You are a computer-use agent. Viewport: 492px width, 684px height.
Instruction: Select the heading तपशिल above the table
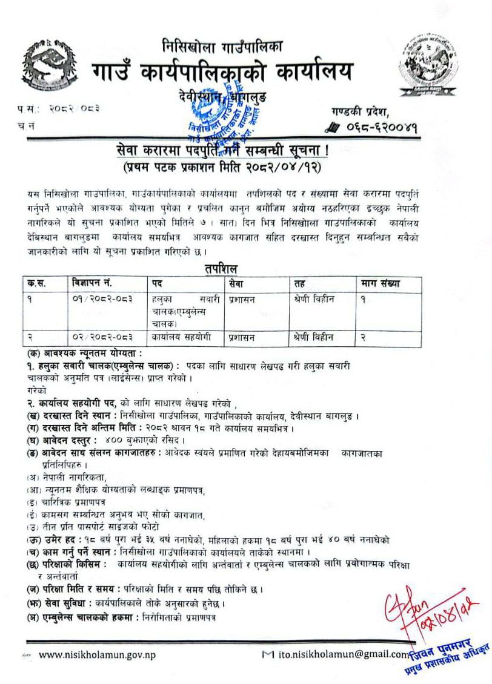221,269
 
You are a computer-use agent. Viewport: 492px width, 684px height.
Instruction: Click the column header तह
299,283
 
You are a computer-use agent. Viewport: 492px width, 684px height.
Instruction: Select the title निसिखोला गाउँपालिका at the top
222,45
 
